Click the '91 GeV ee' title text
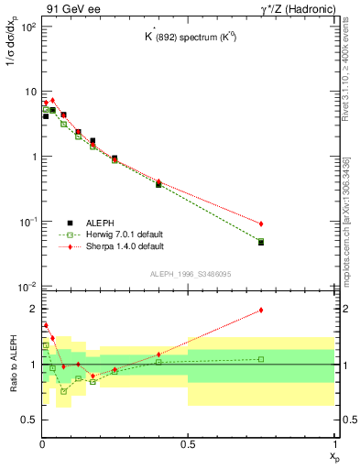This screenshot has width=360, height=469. pyautogui.click(x=67, y=8)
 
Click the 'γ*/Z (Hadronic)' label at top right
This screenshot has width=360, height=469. pyautogui.click(x=298, y=8)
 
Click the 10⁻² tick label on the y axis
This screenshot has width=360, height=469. pyautogui.click(x=28, y=287)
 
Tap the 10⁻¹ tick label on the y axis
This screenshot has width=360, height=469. pyautogui.click(x=28, y=222)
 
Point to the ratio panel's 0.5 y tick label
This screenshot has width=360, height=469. pyautogui.click(x=28, y=420)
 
